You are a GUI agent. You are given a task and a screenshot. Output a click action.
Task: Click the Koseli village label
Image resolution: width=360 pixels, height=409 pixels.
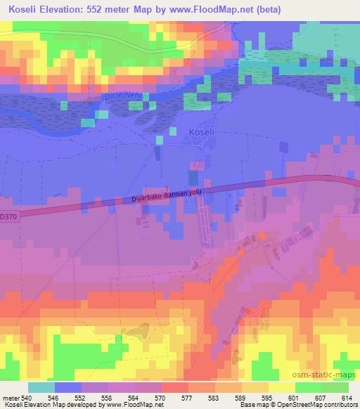click(x=201, y=132)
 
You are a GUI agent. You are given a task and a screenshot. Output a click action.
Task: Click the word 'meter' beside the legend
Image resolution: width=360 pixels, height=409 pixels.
click(x=11, y=399)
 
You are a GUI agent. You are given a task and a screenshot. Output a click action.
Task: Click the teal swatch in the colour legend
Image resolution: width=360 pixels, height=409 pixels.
click(x=41, y=388)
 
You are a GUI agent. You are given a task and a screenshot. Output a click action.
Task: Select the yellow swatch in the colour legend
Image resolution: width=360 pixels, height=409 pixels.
click(x=281, y=388)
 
